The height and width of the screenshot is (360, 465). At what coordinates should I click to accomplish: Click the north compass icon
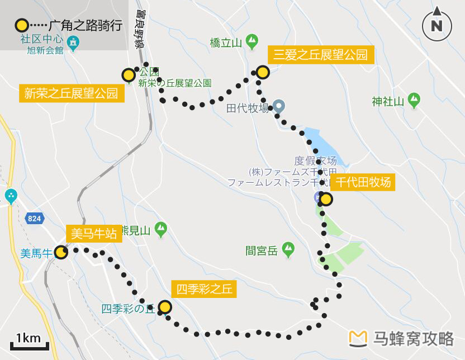pyautogui.click(x=436, y=25)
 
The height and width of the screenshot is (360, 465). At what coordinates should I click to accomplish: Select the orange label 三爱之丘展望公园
pyautogui.click(x=321, y=55)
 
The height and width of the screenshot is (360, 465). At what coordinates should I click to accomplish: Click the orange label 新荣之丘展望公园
pyautogui.click(x=72, y=93)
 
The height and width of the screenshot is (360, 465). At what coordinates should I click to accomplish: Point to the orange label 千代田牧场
pyautogui.click(x=363, y=182)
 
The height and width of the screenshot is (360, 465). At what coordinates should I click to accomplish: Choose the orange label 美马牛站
pyautogui.click(x=94, y=234)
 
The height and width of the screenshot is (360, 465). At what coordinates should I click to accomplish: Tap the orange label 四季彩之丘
pyautogui.click(x=203, y=289)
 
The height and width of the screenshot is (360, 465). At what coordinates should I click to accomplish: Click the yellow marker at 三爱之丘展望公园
pyautogui.click(x=262, y=72)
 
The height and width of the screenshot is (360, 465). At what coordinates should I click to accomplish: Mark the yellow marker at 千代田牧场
pyautogui.click(x=325, y=200)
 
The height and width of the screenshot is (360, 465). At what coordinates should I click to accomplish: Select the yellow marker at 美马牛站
pyautogui.click(x=61, y=253)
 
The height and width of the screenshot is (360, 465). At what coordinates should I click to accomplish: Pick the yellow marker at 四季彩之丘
pyautogui.click(x=165, y=307)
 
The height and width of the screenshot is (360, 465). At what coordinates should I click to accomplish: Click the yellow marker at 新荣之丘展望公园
pyautogui.click(x=129, y=75)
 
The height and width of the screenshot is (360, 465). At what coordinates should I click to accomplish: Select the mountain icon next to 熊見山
pyautogui.click(x=161, y=229)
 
